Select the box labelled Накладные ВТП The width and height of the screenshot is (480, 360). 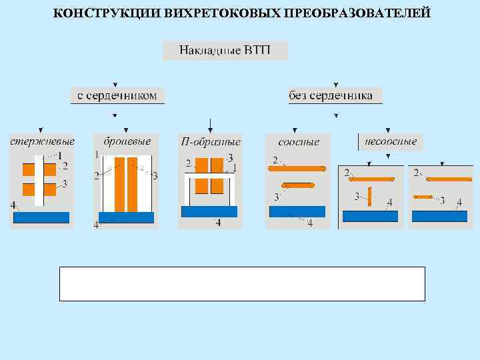point(225,51)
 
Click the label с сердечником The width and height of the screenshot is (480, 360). point(117,95)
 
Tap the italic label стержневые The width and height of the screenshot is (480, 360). point(41,141)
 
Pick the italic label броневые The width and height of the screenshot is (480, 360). point(127,141)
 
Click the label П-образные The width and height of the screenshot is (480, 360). point(211,141)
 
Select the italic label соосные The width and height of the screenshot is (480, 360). point(299,141)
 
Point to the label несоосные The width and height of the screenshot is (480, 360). point(391,141)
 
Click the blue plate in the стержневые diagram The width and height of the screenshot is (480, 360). point(41,217)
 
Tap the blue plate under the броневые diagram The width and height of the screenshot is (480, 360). point(127,217)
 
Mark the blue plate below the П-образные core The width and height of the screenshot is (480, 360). point(210,211)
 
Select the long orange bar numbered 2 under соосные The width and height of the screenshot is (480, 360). point(297,169)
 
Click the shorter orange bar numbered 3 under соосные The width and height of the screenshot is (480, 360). point(297,185)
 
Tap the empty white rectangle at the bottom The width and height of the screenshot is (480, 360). point(242,284)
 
